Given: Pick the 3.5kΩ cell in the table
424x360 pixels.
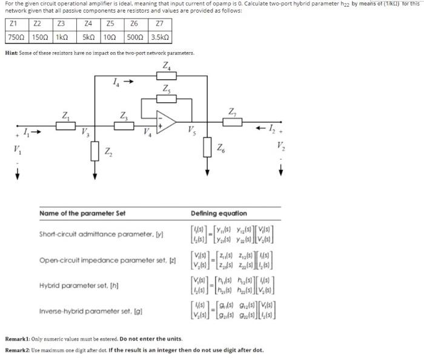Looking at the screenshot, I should tap(159, 37).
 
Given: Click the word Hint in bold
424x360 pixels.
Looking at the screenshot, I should tap(11, 53).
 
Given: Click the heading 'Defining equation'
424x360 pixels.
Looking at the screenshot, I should tap(218, 213).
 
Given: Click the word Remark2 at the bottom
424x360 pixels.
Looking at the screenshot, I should tap(19, 350).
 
